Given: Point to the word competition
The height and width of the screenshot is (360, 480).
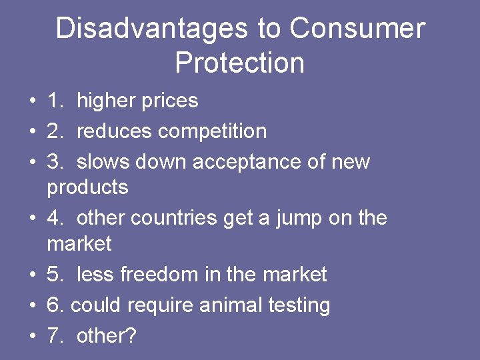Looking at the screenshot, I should (x=212, y=131).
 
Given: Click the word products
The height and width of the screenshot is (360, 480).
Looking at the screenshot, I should (x=87, y=188).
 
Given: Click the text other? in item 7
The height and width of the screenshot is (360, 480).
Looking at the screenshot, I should (x=106, y=335).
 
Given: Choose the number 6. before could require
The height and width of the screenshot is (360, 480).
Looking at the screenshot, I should (x=55, y=305).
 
